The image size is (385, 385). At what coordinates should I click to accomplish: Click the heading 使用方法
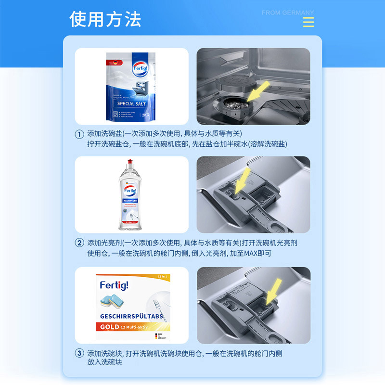click(x=105, y=19)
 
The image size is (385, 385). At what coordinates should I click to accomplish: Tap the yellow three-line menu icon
click(x=308, y=22)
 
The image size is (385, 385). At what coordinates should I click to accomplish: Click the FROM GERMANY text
click(x=288, y=13)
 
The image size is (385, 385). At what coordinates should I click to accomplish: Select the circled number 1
click(x=79, y=134)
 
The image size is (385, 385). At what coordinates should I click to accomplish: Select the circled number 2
click(x=79, y=243)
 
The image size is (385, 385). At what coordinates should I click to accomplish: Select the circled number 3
click(x=79, y=353)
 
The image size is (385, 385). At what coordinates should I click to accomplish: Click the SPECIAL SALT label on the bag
click(x=131, y=103)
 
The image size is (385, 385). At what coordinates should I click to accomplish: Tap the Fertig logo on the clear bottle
click(x=130, y=189)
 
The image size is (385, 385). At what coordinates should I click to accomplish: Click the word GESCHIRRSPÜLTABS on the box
click(x=132, y=317)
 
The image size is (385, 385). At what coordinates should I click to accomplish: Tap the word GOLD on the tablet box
click(x=110, y=327)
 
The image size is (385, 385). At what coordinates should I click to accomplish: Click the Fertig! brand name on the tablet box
click(x=114, y=285)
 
